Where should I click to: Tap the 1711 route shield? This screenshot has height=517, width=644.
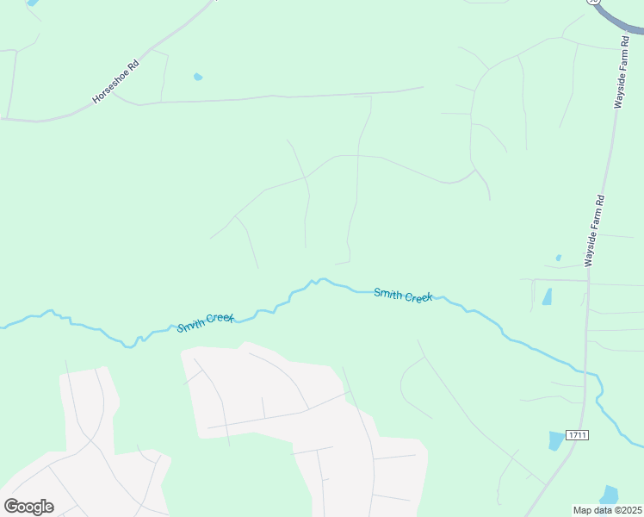tap(577, 436)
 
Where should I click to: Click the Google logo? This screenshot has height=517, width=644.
tap(28, 507)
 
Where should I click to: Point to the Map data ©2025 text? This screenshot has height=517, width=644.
tap(608, 510)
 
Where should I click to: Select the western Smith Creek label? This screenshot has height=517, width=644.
tap(206, 323)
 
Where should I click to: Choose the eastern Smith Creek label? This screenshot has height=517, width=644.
tap(403, 296)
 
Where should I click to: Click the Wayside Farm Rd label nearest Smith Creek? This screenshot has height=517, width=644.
tap(595, 230)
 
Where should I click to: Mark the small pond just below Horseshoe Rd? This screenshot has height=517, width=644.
tap(198, 77)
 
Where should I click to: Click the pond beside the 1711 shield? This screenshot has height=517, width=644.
tap(556, 441)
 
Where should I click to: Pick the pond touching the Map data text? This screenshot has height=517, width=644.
tap(610, 495)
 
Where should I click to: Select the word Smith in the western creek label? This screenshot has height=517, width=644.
tap(191, 326)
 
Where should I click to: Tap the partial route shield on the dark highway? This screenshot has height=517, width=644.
tap(593, 3)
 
